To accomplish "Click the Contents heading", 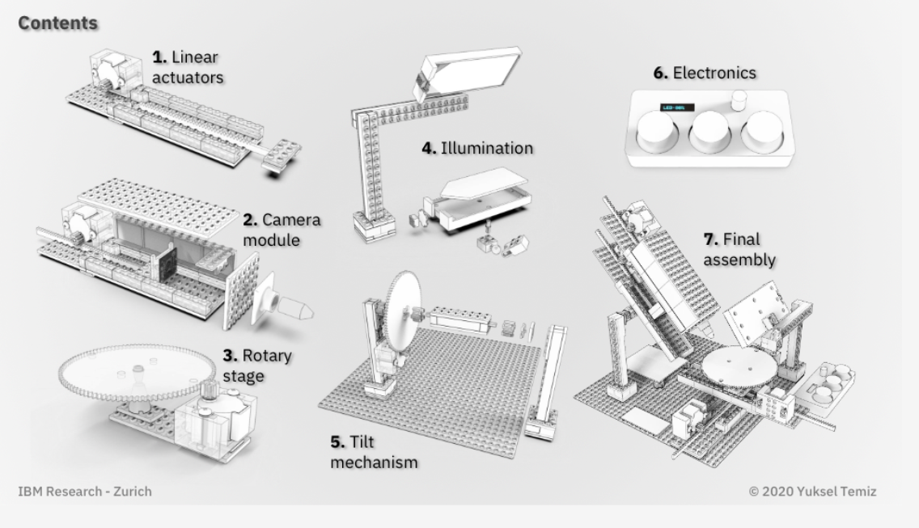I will [x=57, y=23].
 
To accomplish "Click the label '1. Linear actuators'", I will [x=188, y=67].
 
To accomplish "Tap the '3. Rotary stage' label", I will [x=256, y=365].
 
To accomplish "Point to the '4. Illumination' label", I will [x=477, y=148].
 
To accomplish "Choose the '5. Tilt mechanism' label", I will [x=374, y=452].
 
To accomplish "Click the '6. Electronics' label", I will [x=705, y=73].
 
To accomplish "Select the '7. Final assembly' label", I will [x=739, y=249].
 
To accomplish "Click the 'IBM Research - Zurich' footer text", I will [x=84, y=491].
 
